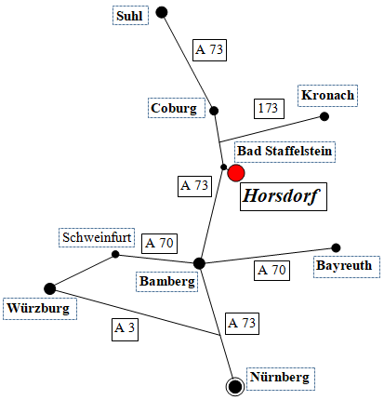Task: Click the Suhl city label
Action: click(x=130, y=16)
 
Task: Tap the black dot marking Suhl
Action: click(x=162, y=12)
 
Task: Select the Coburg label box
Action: click(x=177, y=108)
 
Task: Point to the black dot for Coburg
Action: click(x=214, y=111)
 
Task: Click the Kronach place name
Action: click(x=327, y=96)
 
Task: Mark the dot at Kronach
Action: click(x=324, y=116)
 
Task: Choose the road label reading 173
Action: click(x=269, y=109)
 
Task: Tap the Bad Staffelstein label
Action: click(x=285, y=152)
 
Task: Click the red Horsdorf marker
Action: click(x=236, y=173)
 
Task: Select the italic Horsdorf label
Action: click(x=284, y=196)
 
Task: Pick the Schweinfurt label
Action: click(x=97, y=238)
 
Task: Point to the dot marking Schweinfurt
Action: click(x=115, y=254)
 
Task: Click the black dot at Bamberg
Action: click(x=199, y=263)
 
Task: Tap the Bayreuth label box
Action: click(x=347, y=266)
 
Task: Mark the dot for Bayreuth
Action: click(x=336, y=247)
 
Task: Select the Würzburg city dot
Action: click(x=49, y=288)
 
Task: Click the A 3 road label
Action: click(x=125, y=328)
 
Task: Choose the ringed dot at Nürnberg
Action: click(x=235, y=387)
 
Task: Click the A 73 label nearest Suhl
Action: click(x=209, y=50)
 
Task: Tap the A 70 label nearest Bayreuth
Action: click(x=271, y=271)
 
